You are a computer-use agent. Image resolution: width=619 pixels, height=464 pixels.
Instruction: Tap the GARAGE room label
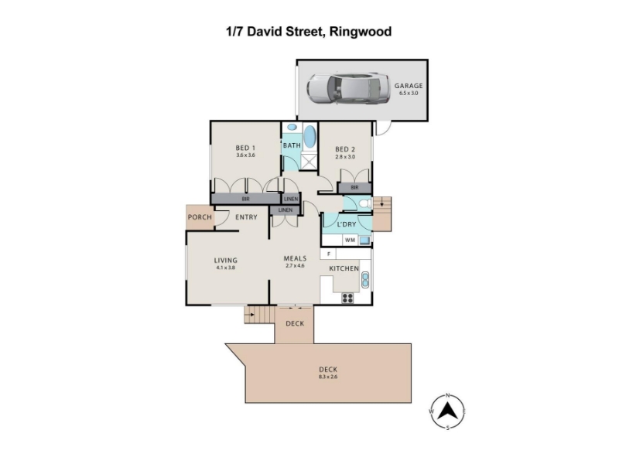pyautogui.click(x=409, y=86)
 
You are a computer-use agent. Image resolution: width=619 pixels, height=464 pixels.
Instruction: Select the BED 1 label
pyautogui.click(x=245, y=148)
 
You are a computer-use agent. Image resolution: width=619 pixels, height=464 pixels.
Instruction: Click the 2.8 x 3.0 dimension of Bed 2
pyautogui.click(x=345, y=157)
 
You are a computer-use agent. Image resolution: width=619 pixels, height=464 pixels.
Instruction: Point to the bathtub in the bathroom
pyautogui.click(x=310, y=137)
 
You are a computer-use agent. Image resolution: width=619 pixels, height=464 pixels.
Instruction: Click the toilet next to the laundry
pyautogui.click(x=365, y=203)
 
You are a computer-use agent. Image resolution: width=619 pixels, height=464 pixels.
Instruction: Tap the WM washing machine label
pyautogui.click(x=350, y=240)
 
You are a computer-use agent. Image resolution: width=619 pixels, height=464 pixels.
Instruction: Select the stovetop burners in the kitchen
pyautogui.click(x=347, y=298)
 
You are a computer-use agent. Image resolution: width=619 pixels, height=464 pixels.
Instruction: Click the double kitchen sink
pyautogui.click(x=365, y=280)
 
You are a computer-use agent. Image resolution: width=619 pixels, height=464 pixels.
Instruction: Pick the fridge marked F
pyautogui.click(x=328, y=254)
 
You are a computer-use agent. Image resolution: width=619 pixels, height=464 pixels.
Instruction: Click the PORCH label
pyautogui.click(x=200, y=217)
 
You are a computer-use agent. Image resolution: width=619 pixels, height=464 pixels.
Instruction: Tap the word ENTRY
pyautogui.click(x=246, y=217)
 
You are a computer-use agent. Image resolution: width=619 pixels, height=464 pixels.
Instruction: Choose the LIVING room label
pyautogui.click(x=226, y=261)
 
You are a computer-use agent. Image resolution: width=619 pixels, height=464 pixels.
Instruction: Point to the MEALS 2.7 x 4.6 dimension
pyautogui.click(x=295, y=266)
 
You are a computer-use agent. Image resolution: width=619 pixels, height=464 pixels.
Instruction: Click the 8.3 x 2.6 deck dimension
pyautogui.click(x=328, y=377)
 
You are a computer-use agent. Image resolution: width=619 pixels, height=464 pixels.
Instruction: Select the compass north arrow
pyautogui.click(x=447, y=411)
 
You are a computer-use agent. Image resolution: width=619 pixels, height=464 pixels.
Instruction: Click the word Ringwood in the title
pyautogui.click(x=361, y=32)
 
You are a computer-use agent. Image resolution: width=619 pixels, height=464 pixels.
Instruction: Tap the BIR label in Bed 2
pyautogui.click(x=354, y=187)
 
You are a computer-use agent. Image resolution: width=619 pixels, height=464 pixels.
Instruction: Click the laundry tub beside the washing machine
pyautogui.click(x=364, y=240)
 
